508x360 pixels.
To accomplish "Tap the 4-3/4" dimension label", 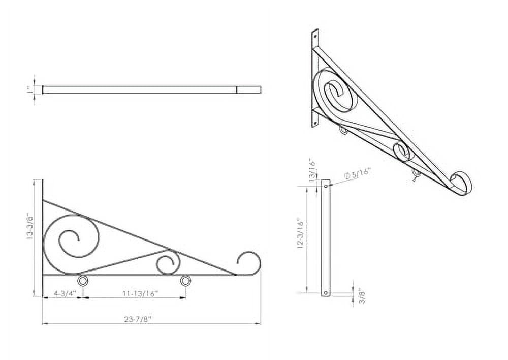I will [x=65, y=293].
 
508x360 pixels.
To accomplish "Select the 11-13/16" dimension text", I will [x=140, y=293].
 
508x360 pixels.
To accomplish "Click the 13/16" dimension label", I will [x=312, y=169].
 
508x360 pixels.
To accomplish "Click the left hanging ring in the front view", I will [x=82, y=281].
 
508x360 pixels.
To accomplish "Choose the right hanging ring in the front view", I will [x=185, y=281].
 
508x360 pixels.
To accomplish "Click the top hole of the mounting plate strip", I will [x=326, y=186].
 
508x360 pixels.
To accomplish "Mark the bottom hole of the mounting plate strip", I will [x=326, y=292].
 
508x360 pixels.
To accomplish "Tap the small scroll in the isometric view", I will [x=403, y=151].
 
